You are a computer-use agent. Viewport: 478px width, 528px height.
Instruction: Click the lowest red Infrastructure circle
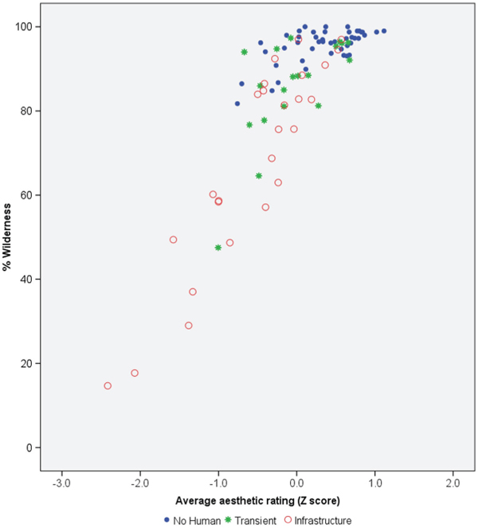(x=108, y=385)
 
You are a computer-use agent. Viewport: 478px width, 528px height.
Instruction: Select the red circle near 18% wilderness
(x=135, y=373)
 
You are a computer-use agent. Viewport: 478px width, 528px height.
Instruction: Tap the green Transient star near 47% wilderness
(x=217, y=248)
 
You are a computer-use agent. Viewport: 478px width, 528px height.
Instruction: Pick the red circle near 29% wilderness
(x=189, y=325)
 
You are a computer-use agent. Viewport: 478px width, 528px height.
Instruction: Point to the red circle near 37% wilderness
(x=193, y=291)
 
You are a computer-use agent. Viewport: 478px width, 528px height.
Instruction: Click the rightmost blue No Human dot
(x=384, y=31)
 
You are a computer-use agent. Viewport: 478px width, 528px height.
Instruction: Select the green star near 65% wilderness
(x=259, y=175)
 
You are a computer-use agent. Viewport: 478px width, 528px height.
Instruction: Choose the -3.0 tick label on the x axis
(x=61, y=483)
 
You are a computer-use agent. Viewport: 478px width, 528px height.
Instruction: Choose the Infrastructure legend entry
(x=318, y=520)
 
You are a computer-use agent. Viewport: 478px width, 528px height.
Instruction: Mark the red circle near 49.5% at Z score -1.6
(x=173, y=239)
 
